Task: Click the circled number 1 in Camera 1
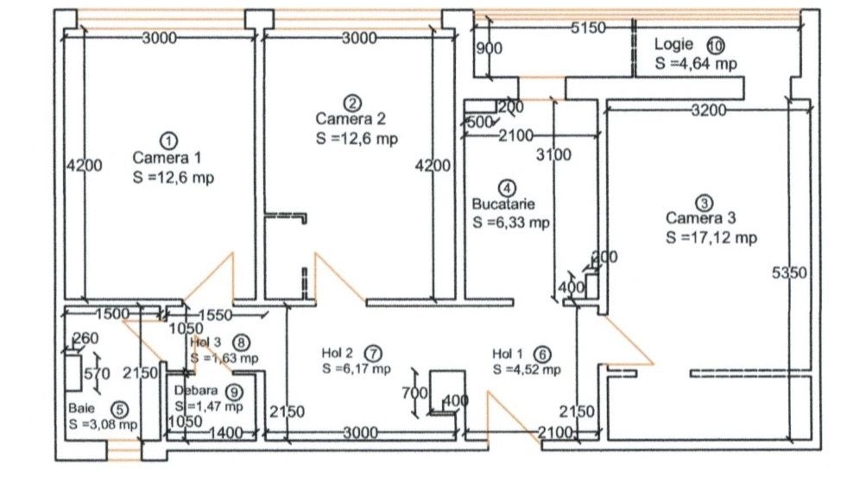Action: tap(168, 139)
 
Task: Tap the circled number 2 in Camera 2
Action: tap(351, 100)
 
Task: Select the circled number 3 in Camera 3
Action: tap(705, 203)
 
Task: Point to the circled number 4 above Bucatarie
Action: tap(509, 186)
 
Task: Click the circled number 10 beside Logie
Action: tap(715, 45)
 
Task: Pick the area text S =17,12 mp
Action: tap(711, 238)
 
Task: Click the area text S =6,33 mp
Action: tap(511, 223)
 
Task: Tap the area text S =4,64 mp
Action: tap(696, 63)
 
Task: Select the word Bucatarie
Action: tap(503, 205)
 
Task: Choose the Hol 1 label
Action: tap(508, 354)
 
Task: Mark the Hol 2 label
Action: tap(338, 353)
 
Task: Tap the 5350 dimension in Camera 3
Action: tap(788, 273)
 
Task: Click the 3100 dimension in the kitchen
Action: tap(553, 156)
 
